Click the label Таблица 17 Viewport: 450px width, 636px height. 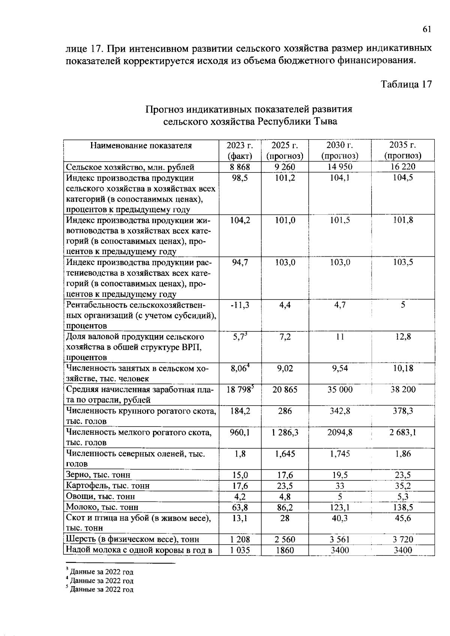click(x=406, y=84)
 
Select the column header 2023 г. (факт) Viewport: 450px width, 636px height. click(x=240, y=150)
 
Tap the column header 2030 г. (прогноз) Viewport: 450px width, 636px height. click(x=340, y=150)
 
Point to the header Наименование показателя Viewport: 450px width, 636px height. click(x=141, y=145)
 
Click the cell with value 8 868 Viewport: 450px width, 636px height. click(x=240, y=167)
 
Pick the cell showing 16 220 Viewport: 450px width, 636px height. click(x=402, y=167)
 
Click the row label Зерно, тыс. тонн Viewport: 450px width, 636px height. click(x=98, y=475)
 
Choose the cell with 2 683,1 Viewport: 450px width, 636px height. click(x=403, y=432)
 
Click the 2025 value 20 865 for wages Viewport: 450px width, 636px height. click(x=285, y=390)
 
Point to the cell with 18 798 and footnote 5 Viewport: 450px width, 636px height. click(x=240, y=390)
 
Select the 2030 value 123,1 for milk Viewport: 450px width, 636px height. click(x=340, y=507)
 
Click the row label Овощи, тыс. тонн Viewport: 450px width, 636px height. click(x=100, y=497)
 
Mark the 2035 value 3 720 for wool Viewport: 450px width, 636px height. click(x=403, y=540)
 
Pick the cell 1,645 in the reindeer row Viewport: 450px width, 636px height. click(x=285, y=454)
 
